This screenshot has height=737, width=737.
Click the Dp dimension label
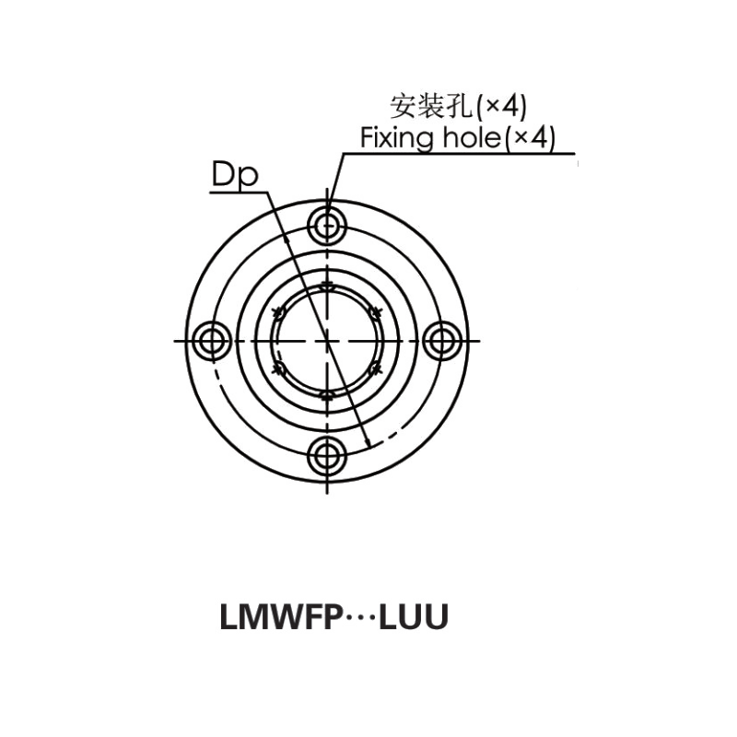click(x=234, y=176)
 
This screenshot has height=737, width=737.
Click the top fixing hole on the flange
click(x=327, y=224)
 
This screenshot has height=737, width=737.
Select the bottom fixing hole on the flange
click(x=327, y=457)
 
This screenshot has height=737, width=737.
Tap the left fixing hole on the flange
click(x=212, y=341)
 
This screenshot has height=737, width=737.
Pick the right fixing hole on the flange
click(x=443, y=341)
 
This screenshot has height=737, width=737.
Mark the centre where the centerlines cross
click(x=327, y=341)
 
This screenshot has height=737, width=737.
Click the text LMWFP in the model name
click(x=278, y=618)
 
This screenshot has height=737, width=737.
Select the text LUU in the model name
click(x=414, y=618)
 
